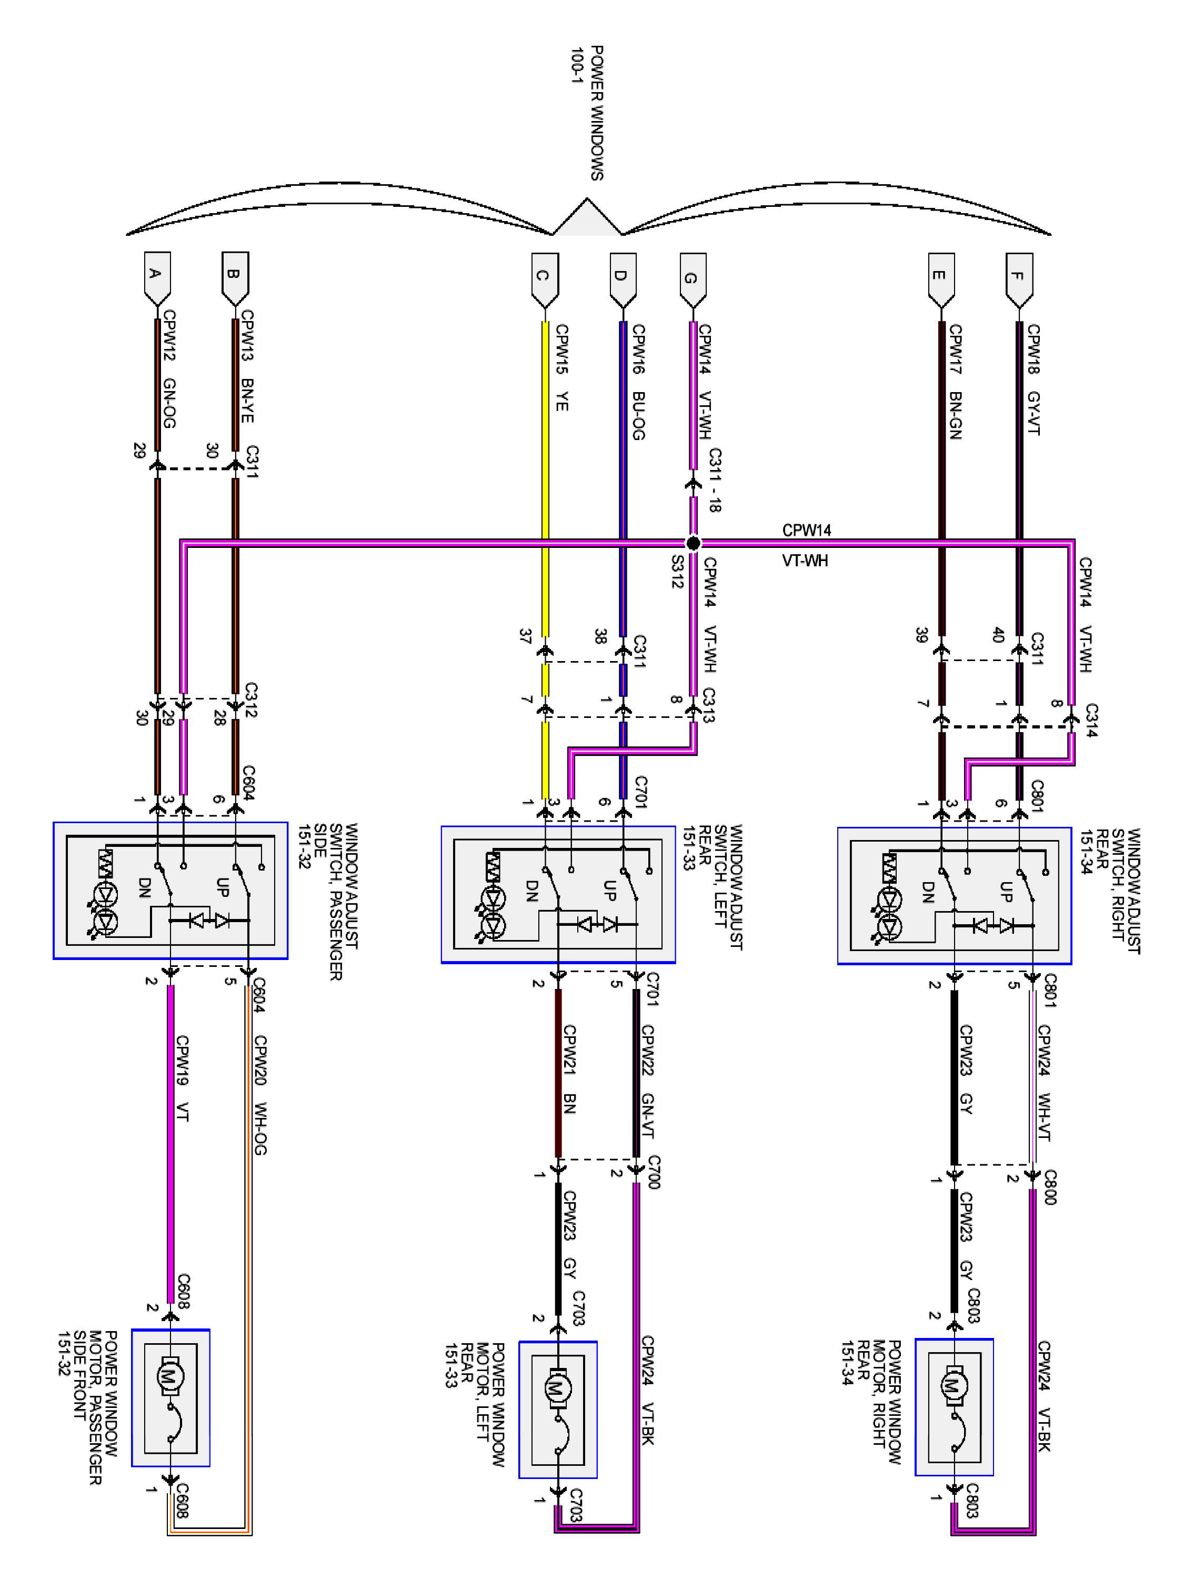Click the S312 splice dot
click(693, 543)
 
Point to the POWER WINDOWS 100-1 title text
click(587, 113)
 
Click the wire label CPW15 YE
click(561, 367)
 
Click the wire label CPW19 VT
click(182, 1078)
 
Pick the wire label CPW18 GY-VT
click(1032, 379)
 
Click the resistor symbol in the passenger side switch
click(106, 864)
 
